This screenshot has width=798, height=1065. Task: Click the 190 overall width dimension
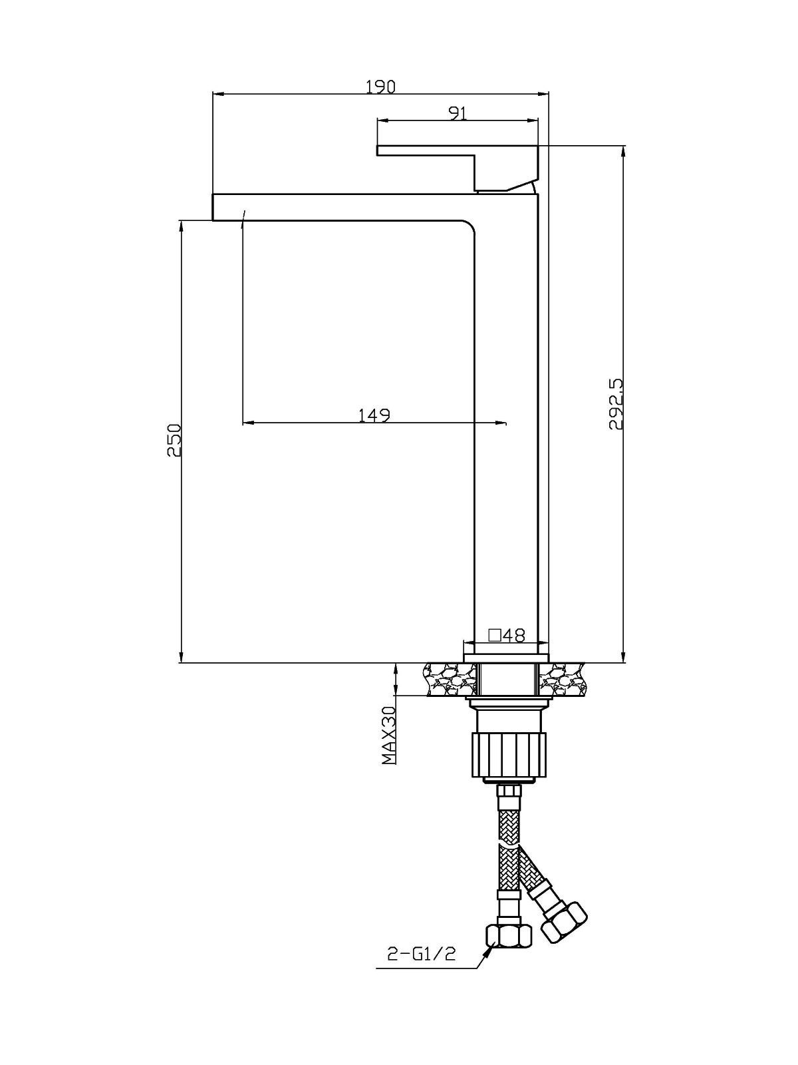click(380, 87)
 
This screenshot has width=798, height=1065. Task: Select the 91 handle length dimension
click(458, 113)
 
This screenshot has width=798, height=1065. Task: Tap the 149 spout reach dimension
click(374, 415)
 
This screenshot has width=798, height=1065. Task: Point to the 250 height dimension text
click(174, 440)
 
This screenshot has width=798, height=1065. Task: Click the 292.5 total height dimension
click(616, 404)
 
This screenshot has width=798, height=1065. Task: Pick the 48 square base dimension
click(514, 636)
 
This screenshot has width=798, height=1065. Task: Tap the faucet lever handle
click(458, 167)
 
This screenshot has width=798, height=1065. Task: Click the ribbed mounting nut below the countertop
click(509, 755)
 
